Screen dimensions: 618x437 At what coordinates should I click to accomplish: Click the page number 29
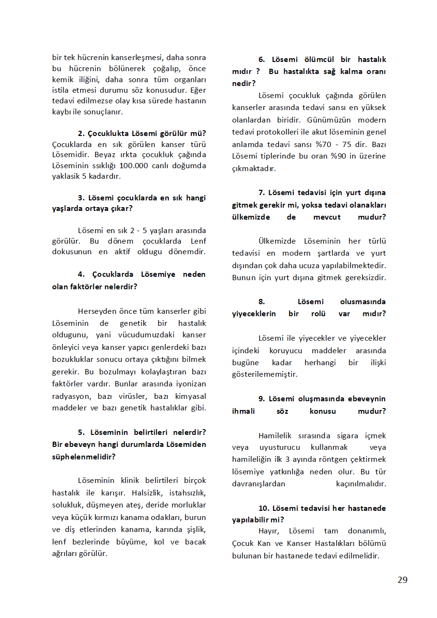click(402, 580)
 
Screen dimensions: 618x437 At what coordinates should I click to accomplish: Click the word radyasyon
click(71, 396)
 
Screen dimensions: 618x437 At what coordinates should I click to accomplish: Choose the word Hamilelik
click(278, 436)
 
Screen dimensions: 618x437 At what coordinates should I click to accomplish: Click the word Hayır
click(269, 531)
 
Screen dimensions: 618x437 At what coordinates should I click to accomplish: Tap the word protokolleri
click(285, 132)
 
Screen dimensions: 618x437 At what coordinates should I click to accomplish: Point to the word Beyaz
click(106, 155)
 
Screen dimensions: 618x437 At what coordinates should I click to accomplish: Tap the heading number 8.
click(262, 302)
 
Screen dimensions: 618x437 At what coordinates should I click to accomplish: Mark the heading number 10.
click(263, 508)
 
